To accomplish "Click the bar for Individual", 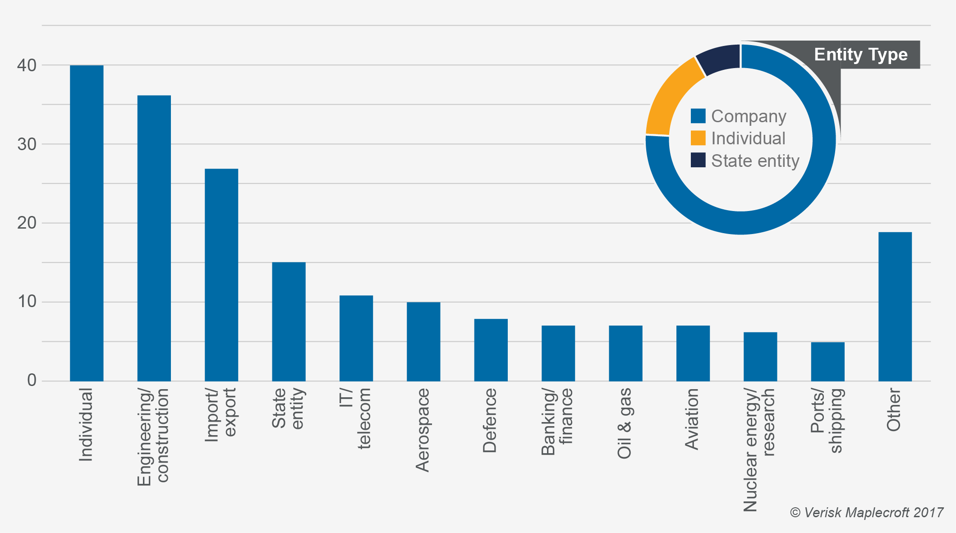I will point(87,223).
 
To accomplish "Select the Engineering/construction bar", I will point(154,238).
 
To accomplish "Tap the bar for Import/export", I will point(221,275).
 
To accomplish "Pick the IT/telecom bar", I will point(356,338).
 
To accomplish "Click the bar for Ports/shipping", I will point(827,362).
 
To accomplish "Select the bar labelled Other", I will point(895,307).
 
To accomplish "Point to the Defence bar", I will point(491,350).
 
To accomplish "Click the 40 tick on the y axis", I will point(27,65).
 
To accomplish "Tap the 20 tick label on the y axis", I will point(27,223).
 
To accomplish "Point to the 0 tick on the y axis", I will point(32,381).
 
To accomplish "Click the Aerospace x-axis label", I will point(423,430).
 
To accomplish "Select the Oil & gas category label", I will point(625,423).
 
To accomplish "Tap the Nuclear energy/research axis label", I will point(759,450).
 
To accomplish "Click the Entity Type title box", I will point(860,55).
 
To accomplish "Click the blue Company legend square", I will point(698,116).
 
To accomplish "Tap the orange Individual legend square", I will point(698,138).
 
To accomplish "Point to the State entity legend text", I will point(755,161).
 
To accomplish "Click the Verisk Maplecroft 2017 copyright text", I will point(866,513).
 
